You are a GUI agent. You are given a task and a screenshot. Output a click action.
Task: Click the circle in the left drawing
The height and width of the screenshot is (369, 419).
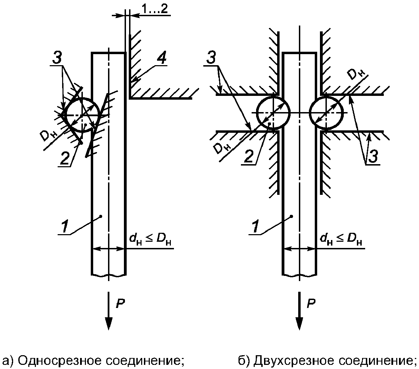(82, 114)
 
